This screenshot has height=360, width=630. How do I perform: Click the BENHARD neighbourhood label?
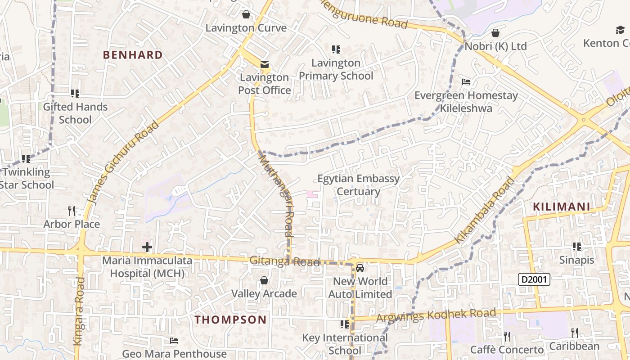[x=133, y=55]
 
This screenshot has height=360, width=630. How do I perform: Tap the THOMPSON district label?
[x=230, y=320]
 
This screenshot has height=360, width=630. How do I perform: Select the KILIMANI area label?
[x=561, y=207]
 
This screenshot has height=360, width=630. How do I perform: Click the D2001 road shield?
[x=534, y=279]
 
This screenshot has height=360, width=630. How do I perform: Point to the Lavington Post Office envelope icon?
[x=264, y=64]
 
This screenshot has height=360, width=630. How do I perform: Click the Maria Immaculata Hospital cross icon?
[x=147, y=247]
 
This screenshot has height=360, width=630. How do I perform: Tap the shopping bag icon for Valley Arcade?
[x=264, y=280]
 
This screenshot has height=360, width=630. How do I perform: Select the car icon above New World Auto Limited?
[x=360, y=268]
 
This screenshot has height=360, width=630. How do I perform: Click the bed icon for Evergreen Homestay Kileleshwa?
[x=466, y=82]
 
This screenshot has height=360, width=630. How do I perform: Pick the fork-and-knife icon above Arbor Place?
[x=71, y=210]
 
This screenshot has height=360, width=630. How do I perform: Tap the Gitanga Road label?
[x=284, y=261]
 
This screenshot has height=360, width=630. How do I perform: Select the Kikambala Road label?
[x=484, y=210]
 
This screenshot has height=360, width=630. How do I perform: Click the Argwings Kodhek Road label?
[x=436, y=315]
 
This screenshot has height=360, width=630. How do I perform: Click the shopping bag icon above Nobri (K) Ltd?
[x=495, y=33]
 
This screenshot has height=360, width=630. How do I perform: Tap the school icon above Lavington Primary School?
[x=336, y=49]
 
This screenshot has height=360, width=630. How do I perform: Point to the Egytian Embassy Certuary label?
[x=359, y=185]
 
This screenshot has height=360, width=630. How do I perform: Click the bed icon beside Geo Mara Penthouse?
[x=174, y=341]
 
